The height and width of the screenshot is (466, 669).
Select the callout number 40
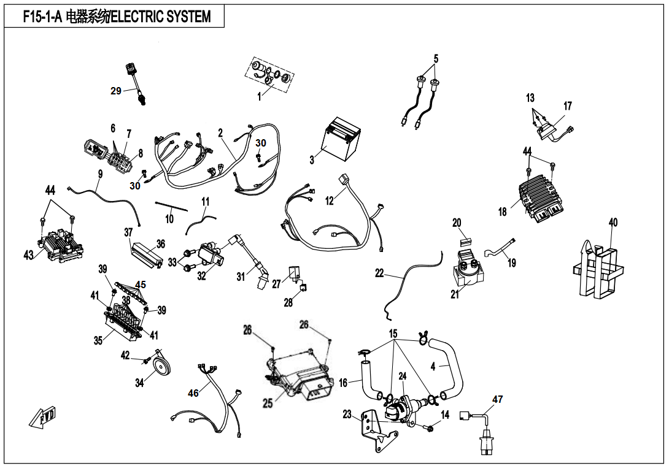pos(613,223)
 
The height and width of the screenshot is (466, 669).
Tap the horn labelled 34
pos(162,367)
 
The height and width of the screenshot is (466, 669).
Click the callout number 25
pos(268,403)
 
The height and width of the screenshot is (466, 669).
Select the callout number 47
pos(497,399)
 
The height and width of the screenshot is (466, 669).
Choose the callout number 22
pos(379,273)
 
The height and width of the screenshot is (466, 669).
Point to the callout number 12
pos(330,201)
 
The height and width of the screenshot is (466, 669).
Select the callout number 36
pos(160,244)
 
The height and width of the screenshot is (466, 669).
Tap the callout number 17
pos(568,106)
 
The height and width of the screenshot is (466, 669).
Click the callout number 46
pos(193,393)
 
